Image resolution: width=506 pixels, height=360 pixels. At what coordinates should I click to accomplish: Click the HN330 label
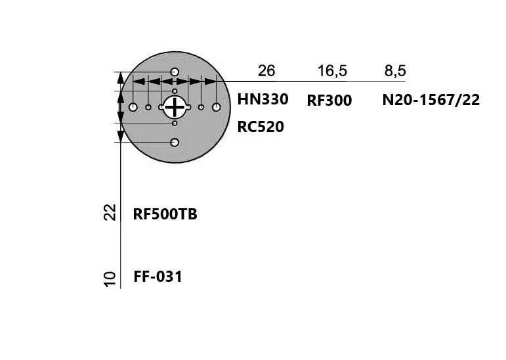(263, 99)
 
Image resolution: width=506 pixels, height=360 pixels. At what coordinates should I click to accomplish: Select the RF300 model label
(329, 101)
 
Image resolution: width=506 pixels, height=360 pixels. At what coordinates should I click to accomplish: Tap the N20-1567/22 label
(431, 100)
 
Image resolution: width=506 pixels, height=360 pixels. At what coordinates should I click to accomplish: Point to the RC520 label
(261, 127)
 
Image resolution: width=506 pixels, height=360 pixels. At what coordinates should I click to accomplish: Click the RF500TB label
(165, 214)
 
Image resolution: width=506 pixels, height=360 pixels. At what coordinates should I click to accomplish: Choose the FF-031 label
(158, 277)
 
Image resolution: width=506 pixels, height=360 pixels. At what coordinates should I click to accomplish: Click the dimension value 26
(266, 71)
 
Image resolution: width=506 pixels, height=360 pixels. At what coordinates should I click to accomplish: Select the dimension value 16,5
(332, 71)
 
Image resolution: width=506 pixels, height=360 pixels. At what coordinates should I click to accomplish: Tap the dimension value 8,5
(395, 71)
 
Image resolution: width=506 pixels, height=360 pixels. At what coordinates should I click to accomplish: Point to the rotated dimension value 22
(110, 212)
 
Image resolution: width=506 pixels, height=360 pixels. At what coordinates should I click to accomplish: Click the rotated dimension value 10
(110, 279)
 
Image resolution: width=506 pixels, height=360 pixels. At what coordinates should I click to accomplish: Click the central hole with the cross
(175, 107)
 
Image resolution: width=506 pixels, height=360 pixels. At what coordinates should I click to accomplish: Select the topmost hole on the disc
(175, 72)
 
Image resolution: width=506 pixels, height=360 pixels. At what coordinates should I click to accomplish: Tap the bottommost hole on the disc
(175, 142)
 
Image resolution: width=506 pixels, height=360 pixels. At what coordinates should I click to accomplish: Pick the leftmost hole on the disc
(133, 107)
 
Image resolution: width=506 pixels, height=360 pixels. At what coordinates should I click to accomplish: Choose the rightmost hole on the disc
(216, 107)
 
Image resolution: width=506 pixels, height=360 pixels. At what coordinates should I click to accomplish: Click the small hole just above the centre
(175, 91)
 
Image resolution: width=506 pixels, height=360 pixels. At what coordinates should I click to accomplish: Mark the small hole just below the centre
(175, 123)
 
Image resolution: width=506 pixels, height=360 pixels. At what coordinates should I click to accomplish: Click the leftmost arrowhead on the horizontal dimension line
(138, 81)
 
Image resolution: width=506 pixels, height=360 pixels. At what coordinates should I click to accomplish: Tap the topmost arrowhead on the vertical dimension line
(120, 78)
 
